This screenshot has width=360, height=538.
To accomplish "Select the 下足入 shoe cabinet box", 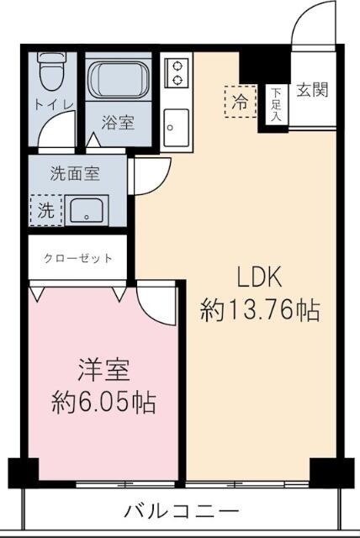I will click(275, 105).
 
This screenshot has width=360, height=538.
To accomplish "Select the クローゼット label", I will click(78, 258).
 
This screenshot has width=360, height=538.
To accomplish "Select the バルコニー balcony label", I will click(182, 510).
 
